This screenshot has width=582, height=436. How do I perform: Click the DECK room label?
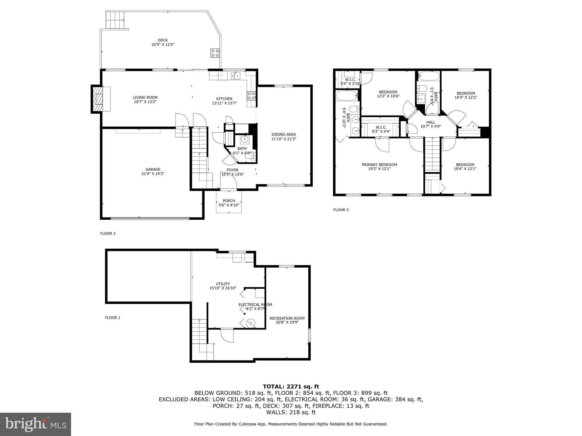(163, 40)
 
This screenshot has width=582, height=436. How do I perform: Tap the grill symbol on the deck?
(215, 53)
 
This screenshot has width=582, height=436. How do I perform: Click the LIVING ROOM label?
(145, 97)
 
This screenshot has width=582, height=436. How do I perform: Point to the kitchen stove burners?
(251, 95)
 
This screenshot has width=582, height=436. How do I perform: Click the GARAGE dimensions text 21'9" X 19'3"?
(153, 174)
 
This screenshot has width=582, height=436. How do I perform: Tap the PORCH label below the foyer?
(229, 201)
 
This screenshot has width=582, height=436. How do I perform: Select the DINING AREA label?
(284, 135)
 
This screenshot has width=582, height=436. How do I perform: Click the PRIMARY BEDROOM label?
(379, 165)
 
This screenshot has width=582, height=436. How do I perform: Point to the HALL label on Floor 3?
(431, 122)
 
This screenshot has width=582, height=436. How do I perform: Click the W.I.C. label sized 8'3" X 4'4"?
(381, 127)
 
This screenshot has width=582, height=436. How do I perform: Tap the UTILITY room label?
(223, 284)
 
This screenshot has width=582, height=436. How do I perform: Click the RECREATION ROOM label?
(287, 318)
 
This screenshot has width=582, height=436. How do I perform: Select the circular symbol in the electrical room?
(251, 323)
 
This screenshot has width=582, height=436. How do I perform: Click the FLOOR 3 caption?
(341, 210)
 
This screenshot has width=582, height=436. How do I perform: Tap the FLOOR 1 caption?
(113, 318)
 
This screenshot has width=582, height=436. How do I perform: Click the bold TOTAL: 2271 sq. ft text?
(291, 386)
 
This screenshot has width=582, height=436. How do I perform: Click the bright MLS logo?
(36, 424)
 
